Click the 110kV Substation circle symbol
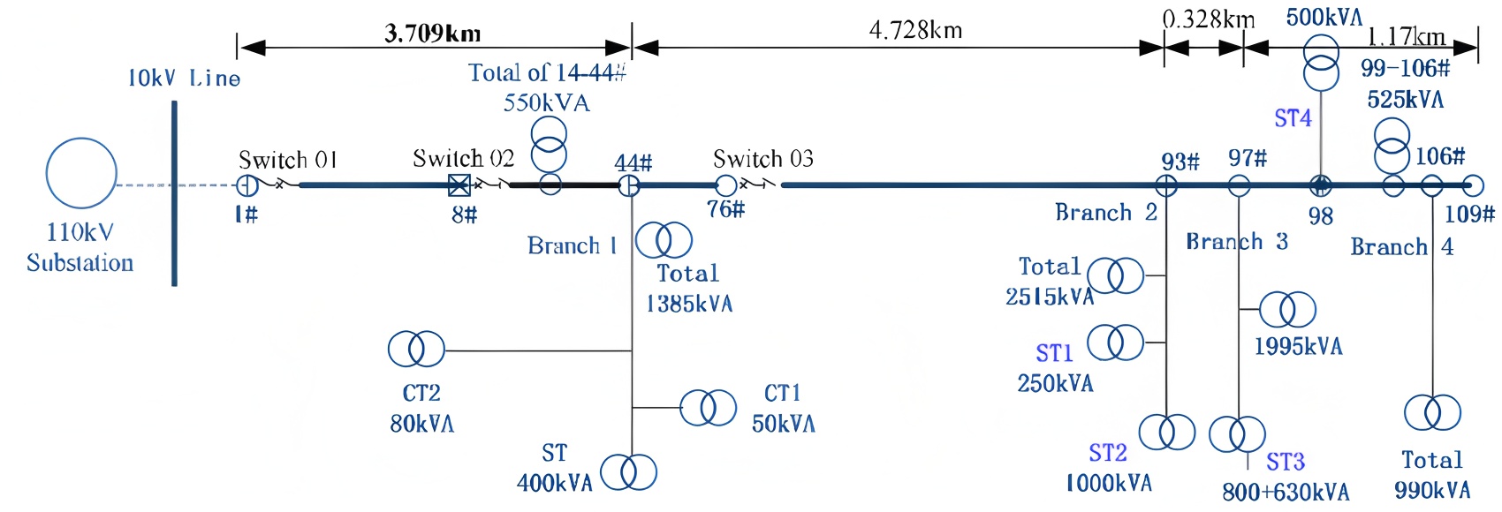coord(81,173)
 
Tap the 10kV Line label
coord(184,79)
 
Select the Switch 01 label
coord(288,160)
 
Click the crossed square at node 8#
coord(459,185)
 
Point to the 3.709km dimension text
coord(433,34)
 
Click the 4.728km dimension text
coord(915,31)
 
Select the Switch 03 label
coord(763,159)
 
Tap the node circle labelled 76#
coord(725,185)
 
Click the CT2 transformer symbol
coord(416,350)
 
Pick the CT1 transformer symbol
coord(708,408)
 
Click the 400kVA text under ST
coord(555,483)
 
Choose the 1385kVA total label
coord(689,305)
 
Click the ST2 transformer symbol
coord(1166,433)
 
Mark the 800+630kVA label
coord(1286,492)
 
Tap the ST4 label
coord(1293,118)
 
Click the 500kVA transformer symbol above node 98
coord(1322,64)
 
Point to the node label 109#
coord(1469,214)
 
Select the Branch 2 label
coord(1106,213)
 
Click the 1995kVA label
coord(1298,346)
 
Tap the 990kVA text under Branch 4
coord(1432,490)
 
